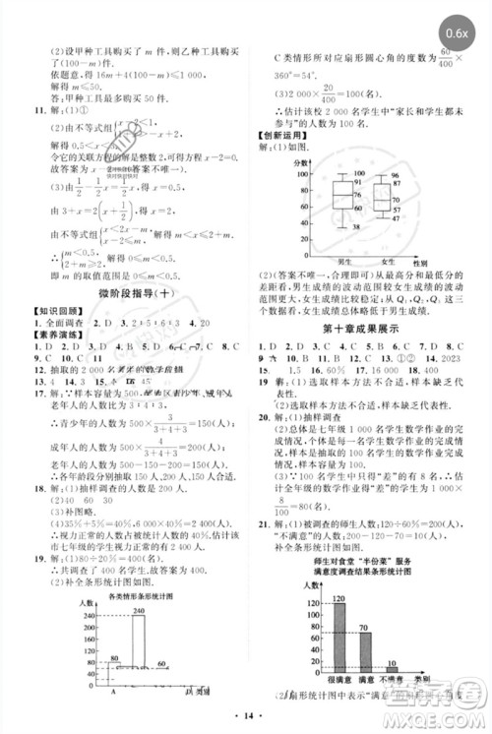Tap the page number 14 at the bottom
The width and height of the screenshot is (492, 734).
pyautogui.click(x=245, y=720)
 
